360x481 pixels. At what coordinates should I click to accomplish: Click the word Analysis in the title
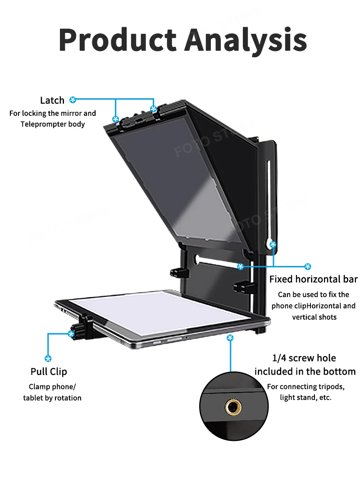[x=246, y=40]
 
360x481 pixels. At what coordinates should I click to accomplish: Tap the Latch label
[x=52, y=100]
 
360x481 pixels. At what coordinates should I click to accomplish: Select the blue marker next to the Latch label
[x=73, y=100]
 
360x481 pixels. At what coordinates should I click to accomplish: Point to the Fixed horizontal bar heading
[x=313, y=279]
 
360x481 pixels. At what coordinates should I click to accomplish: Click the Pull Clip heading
[x=49, y=371]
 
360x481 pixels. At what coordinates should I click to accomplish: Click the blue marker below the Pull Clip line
[x=48, y=358]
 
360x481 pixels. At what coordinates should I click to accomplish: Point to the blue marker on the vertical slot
[x=273, y=245]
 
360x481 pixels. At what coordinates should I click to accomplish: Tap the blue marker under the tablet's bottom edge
[x=230, y=338]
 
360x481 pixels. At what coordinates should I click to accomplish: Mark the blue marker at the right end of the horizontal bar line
[x=308, y=266]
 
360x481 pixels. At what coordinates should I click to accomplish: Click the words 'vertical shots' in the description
[x=314, y=317]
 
